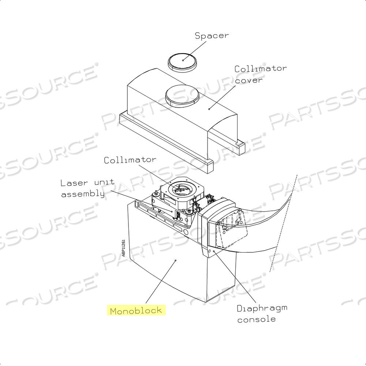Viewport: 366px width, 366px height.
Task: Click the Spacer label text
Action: (x=212, y=36)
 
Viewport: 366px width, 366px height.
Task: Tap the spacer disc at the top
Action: (x=182, y=62)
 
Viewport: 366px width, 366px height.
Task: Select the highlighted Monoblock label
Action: (x=136, y=310)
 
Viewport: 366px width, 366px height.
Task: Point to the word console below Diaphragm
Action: (x=256, y=319)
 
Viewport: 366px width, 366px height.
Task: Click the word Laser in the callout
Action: (x=74, y=183)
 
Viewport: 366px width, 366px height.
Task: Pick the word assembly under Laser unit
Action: (x=83, y=194)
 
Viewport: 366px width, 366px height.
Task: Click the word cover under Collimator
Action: (x=249, y=81)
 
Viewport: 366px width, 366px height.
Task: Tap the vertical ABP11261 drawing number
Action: (x=123, y=248)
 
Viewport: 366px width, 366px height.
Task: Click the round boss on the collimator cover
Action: (x=182, y=96)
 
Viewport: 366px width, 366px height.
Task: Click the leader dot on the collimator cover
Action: (x=209, y=109)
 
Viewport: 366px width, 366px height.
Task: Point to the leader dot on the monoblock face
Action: (x=176, y=260)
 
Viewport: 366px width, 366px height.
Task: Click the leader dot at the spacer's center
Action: (x=183, y=60)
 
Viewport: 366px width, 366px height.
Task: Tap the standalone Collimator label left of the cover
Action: (x=130, y=160)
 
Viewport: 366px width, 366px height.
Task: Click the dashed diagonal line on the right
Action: (x=284, y=223)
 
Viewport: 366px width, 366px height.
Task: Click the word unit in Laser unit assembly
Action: (x=104, y=182)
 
